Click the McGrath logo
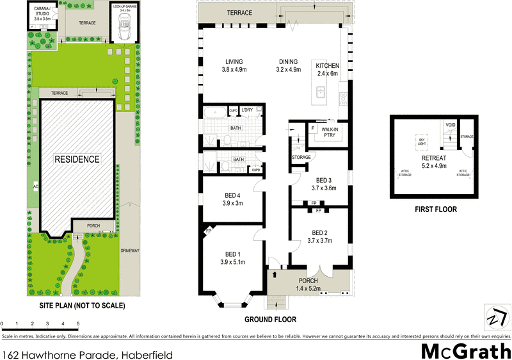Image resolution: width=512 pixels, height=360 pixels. [465, 350]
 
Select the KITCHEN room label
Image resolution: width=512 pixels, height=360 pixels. [326, 66]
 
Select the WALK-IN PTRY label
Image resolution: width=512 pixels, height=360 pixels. [331, 131]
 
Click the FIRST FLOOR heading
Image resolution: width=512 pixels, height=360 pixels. [435, 209]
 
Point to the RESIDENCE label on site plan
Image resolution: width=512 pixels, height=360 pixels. [76, 159]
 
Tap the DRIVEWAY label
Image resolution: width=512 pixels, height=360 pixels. [129, 250]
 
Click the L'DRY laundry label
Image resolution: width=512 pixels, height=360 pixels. [248, 110]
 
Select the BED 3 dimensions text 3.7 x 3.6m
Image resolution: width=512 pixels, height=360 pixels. [324, 189]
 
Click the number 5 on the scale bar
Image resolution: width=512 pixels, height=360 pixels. [79, 323]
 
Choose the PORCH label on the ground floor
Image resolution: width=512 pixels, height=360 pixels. [308, 281]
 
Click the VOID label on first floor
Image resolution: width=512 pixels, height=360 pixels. [451, 125]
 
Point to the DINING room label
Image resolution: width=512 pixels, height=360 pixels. [289, 61]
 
